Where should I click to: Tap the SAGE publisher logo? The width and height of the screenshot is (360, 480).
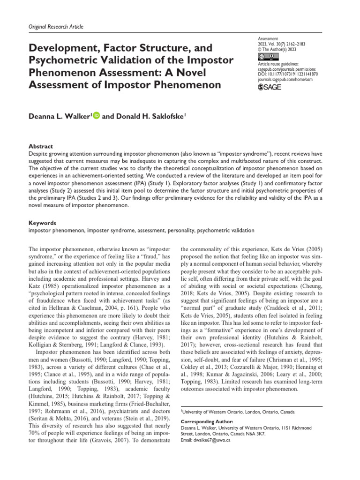click(270, 87)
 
